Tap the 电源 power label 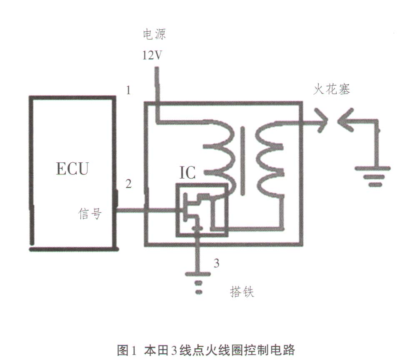(x=155, y=34)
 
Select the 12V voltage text (x=153, y=55)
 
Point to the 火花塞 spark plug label (x=332, y=89)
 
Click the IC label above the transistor (x=187, y=172)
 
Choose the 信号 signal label (x=90, y=214)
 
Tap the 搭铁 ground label (x=242, y=292)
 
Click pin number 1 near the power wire (x=129, y=90)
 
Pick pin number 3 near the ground (x=216, y=263)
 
